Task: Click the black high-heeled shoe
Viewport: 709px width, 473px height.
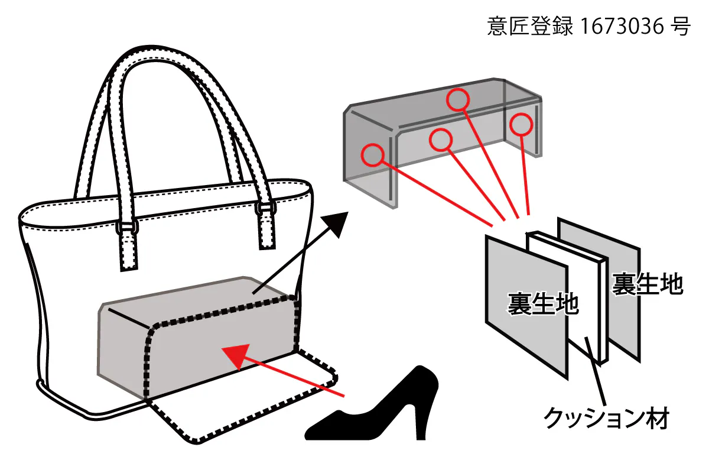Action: click(384, 408)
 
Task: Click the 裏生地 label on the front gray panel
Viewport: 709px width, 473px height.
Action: click(542, 303)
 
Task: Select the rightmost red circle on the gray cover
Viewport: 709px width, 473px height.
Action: click(521, 124)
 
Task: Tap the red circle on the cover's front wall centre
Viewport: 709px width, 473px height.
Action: click(441, 140)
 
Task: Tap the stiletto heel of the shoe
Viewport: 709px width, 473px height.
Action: click(421, 420)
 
